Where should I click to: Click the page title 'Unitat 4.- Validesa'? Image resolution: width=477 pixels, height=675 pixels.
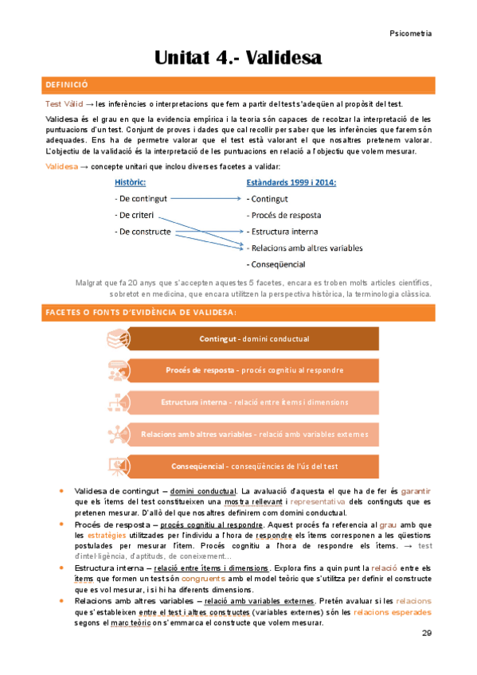(x=238, y=58)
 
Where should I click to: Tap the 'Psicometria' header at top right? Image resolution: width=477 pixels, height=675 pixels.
(x=411, y=33)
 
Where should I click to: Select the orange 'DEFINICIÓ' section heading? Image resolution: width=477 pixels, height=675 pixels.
(x=67, y=84)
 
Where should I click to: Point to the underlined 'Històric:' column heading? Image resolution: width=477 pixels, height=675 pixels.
(x=136, y=182)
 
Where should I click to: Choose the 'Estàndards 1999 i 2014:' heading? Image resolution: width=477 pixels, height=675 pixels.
(x=291, y=182)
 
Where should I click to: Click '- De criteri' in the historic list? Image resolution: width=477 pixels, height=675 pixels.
(x=137, y=215)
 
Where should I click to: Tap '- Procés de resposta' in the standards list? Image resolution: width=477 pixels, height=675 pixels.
(x=284, y=215)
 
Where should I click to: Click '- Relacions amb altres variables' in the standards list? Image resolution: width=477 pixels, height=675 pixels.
(x=305, y=248)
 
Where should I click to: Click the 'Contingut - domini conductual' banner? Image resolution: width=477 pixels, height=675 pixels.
(x=254, y=339)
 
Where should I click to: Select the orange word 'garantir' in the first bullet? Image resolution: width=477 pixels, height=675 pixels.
(x=416, y=491)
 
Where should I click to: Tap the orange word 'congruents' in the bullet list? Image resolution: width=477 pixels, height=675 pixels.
(x=225, y=578)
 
